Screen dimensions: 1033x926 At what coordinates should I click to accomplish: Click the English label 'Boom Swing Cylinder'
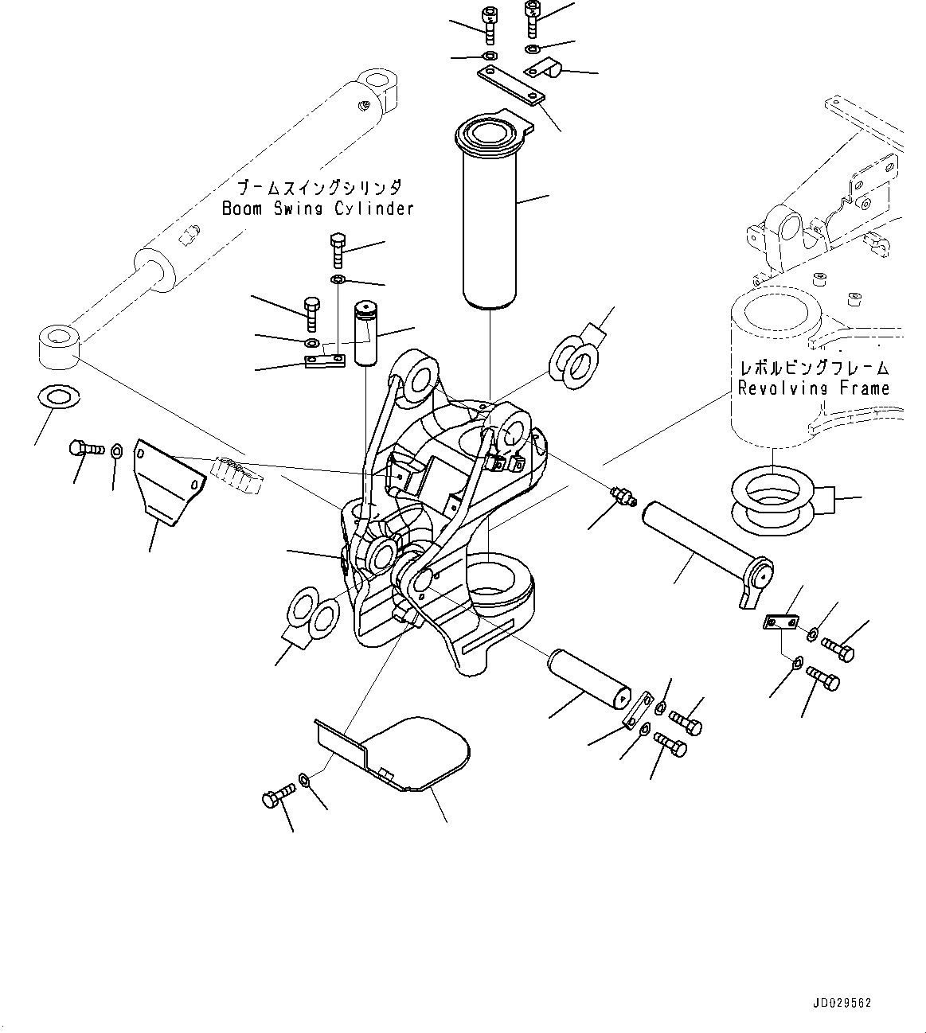click(317, 209)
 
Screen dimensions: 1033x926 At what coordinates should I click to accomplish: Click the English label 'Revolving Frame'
click(812, 388)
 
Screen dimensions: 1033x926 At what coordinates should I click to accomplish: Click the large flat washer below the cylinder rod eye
click(59, 396)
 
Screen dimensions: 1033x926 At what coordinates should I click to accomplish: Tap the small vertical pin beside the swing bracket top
click(366, 333)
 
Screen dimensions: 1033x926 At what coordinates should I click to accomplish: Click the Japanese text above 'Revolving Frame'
click(814, 368)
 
